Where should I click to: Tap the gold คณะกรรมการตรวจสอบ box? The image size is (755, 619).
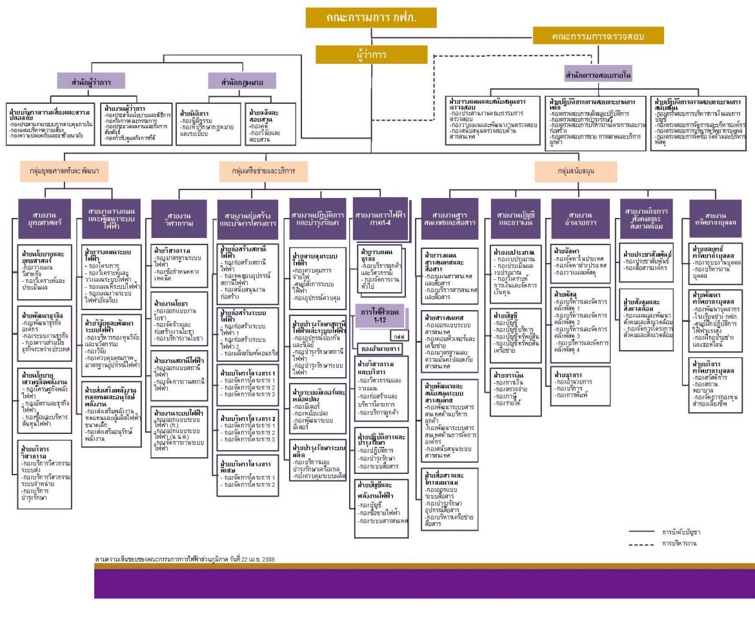598,37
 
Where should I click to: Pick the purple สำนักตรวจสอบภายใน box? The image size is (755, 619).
598,73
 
